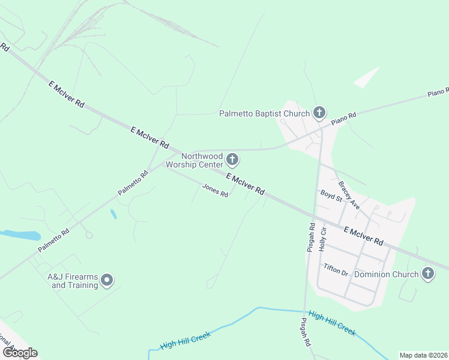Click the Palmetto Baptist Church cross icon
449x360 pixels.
319,112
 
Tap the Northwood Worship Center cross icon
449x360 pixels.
233,160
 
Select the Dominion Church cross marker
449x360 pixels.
427,274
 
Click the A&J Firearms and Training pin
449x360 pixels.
107,280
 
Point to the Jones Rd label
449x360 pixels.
215,191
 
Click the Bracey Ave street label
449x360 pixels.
349,196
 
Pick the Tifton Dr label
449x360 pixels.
336,269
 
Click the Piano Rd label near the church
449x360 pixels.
345,118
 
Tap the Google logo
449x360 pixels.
20,353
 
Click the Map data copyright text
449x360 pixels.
423,355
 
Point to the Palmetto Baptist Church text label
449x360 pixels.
264,113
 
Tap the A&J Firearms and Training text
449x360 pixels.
73,281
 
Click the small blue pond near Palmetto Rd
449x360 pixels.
113,214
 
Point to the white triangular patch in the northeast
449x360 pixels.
367,78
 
